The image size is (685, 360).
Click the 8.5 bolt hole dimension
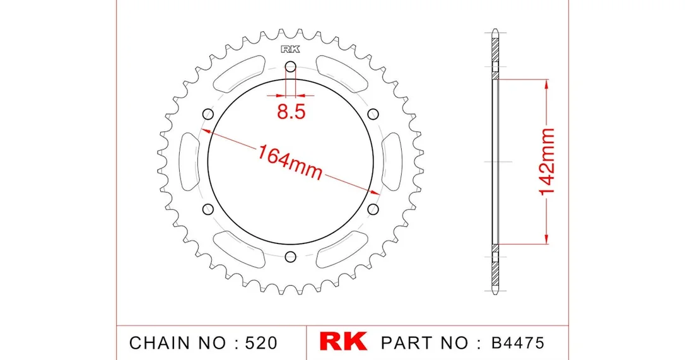291,112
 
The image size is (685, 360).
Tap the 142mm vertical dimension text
546,161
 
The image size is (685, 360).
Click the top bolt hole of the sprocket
291,67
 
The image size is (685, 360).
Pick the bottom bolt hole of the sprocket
291,257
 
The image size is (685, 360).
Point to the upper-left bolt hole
208,115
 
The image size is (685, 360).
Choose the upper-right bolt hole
373,115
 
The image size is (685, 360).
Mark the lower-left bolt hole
208,209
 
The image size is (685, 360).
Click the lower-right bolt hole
373,209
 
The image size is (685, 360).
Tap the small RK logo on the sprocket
291,49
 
